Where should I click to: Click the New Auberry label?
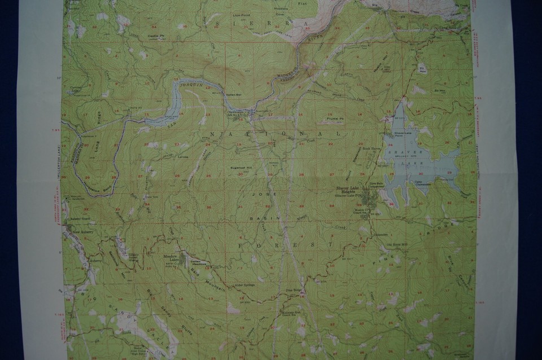pyautogui.click(x=79, y=231)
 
